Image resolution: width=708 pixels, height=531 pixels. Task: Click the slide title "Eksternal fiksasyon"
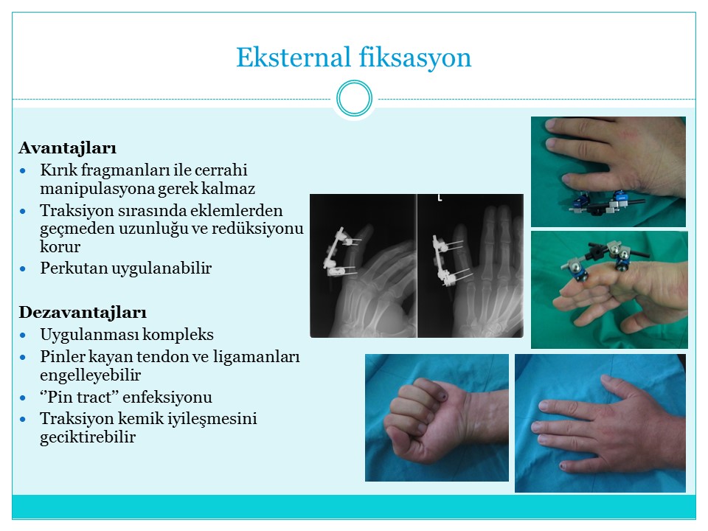pos(353,58)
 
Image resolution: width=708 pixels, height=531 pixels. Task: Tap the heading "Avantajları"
pos(68,148)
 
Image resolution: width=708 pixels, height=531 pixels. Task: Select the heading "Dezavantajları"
pos(83,313)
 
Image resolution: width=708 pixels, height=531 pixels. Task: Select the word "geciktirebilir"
pos(88,437)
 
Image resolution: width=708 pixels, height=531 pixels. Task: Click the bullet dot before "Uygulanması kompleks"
pos(23,336)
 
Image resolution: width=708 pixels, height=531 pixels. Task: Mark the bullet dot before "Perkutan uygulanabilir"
pos(23,269)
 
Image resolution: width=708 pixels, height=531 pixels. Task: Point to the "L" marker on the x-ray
pos(440,198)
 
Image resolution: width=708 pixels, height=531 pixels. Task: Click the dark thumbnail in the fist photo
pos(445,397)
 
